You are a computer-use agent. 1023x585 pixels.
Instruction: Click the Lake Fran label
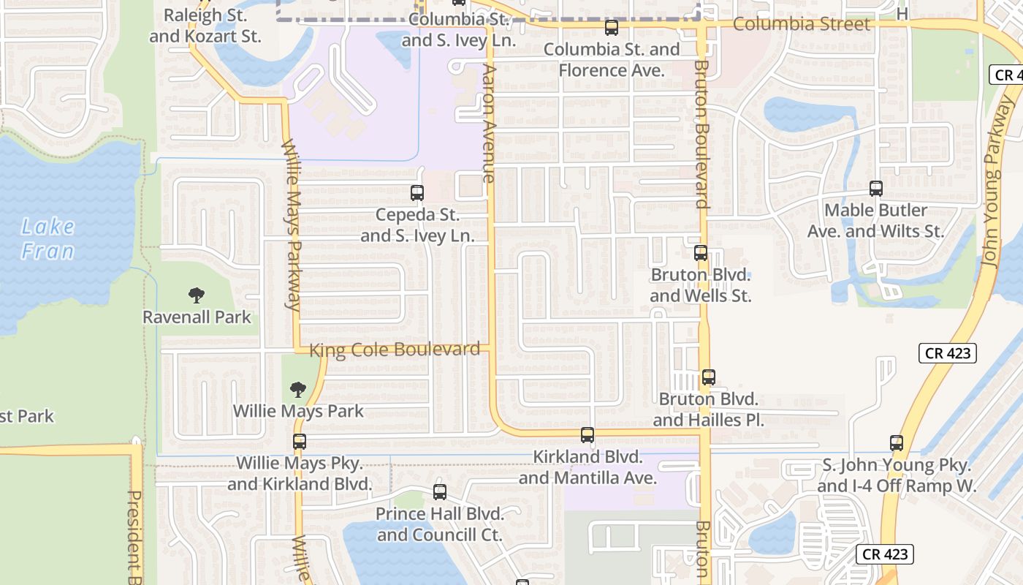(48, 239)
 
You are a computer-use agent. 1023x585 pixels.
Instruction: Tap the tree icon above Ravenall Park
(196, 295)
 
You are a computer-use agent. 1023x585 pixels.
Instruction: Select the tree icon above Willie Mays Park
(297, 389)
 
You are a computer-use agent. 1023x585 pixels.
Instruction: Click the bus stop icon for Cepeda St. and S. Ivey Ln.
(417, 193)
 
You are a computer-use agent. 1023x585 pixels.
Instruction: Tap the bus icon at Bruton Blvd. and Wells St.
(701, 253)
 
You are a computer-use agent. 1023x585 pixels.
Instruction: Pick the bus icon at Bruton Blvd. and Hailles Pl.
(708, 377)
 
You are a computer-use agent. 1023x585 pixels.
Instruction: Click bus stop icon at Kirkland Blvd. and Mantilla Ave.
(587, 435)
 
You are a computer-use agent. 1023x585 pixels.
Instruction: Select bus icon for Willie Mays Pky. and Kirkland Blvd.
(300, 442)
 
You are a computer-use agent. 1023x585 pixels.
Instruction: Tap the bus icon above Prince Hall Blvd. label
(439, 492)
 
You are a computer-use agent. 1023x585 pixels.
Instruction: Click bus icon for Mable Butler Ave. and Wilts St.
(876, 189)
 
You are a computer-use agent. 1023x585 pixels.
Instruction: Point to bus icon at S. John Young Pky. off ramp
(897, 443)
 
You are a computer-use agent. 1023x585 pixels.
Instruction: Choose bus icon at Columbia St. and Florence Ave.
(612, 29)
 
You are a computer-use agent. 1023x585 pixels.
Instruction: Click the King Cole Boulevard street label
(395, 350)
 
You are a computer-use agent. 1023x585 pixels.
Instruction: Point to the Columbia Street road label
(802, 24)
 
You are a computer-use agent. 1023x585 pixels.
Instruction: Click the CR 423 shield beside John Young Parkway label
(948, 353)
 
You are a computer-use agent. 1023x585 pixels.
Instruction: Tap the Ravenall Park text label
(197, 317)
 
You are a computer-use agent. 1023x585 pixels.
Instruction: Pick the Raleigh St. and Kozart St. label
(205, 26)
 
